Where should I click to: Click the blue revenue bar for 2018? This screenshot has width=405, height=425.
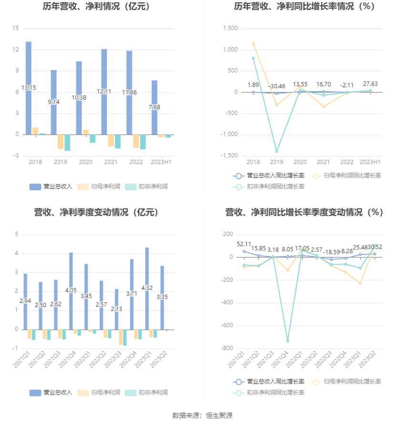(29, 67)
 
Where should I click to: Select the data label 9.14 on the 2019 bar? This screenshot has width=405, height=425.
(54, 102)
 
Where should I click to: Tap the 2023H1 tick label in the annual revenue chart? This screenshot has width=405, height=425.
(161, 162)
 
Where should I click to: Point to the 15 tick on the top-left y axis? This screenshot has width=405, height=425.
(15, 29)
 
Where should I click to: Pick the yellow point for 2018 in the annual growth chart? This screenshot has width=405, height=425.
(253, 44)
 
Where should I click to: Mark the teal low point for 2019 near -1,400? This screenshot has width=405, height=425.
(276, 151)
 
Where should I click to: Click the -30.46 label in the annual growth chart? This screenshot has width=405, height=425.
(276, 86)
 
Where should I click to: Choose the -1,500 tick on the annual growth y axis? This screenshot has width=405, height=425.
(230, 155)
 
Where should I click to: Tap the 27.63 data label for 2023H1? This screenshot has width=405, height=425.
(370, 84)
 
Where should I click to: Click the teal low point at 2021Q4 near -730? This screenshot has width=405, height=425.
(287, 341)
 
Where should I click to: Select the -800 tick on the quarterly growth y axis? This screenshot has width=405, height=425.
(226, 348)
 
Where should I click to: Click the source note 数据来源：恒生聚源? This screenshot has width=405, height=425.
(202, 415)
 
